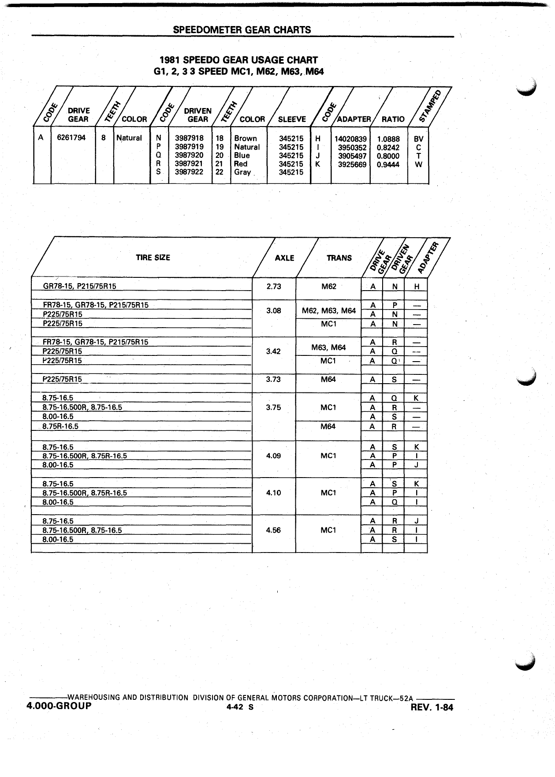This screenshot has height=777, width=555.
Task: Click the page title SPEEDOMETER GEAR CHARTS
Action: click(242, 30)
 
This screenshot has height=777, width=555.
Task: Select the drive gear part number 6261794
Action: click(71, 138)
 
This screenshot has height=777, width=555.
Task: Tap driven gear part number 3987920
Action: click(189, 155)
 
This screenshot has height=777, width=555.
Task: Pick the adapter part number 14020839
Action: click(350, 139)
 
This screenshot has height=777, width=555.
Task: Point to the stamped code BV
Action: click(418, 139)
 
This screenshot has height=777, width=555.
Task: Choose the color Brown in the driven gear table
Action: click(246, 138)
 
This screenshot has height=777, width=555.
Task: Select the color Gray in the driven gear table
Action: click(242, 172)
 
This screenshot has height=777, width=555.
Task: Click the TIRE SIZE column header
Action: click(153, 258)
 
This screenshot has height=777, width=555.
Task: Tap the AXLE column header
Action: click(284, 258)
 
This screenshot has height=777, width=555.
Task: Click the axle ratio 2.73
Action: click(274, 286)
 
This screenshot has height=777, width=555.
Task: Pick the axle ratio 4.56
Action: click(274, 530)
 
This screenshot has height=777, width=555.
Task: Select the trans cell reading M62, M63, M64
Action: click(329, 311)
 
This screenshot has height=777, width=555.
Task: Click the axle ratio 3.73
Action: click(274, 379)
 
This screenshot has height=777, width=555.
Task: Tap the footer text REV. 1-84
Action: click(432, 708)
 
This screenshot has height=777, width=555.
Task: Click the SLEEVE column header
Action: click(292, 119)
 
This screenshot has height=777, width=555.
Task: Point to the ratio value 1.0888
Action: click(388, 139)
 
